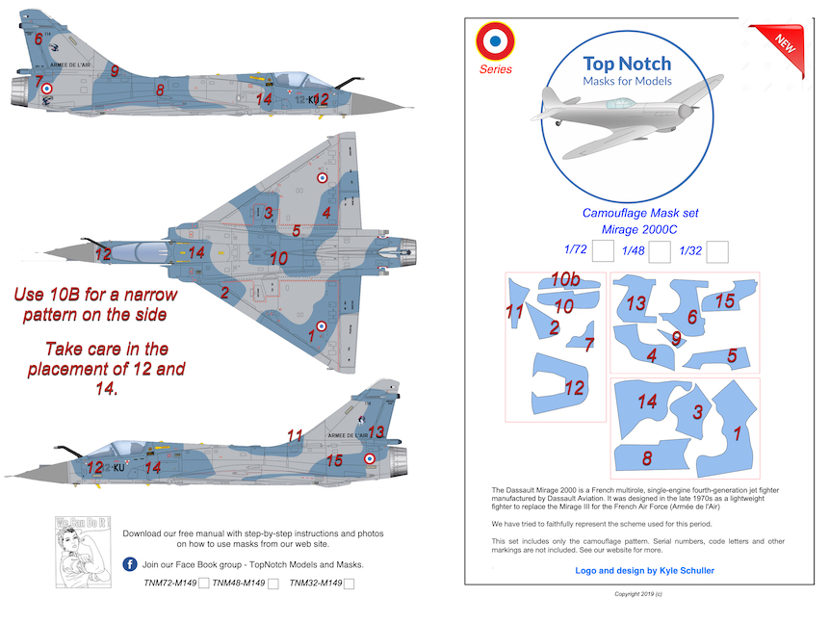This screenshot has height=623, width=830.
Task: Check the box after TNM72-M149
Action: coord(203,584)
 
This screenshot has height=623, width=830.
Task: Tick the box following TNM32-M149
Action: coord(349,584)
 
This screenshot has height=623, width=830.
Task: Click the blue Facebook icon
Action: coord(129,563)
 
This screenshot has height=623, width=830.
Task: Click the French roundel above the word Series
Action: coord(496,40)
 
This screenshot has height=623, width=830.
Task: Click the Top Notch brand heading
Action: coord(627,64)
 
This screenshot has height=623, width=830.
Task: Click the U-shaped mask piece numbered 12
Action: coord(560,386)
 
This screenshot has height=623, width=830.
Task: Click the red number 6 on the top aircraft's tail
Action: coord(38,39)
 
